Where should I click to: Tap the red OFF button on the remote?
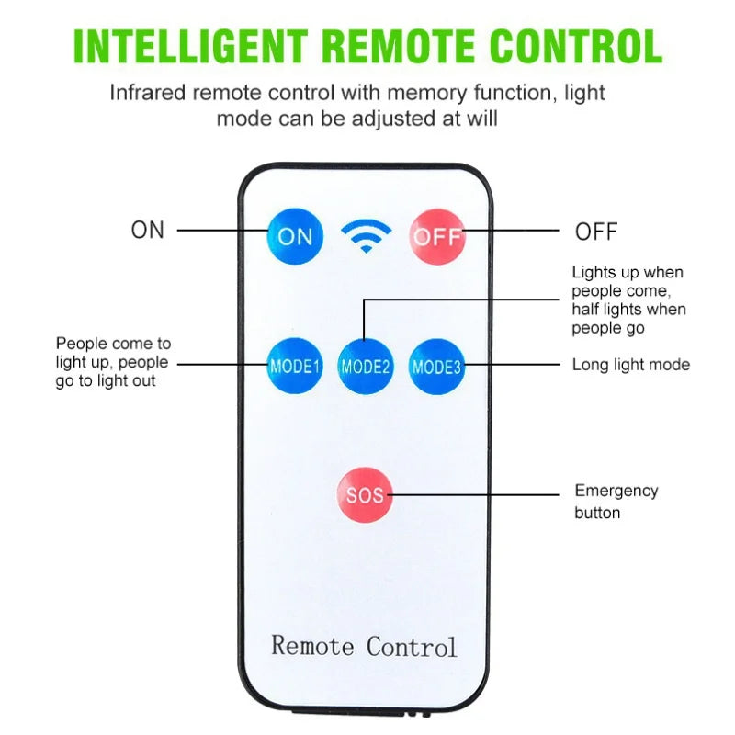point(437,237)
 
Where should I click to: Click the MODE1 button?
point(295,366)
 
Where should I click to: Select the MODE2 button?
point(366,366)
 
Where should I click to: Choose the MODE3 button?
point(437,367)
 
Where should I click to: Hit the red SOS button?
point(364,494)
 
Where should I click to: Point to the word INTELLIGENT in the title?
point(191,46)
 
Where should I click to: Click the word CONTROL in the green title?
point(576,46)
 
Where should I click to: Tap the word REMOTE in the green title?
point(399,46)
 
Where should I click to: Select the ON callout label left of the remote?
point(148,231)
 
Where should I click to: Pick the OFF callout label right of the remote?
point(596,232)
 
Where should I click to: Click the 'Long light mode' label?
point(631,365)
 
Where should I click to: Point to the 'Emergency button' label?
point(616,502)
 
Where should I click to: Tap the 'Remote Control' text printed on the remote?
point(364,647)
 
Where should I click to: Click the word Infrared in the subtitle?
point(148,93)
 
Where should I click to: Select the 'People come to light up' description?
point(113,362)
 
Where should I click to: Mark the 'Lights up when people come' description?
point(628,300)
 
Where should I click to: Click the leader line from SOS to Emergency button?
point(473,494)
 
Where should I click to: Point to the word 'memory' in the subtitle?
point(427,94)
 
